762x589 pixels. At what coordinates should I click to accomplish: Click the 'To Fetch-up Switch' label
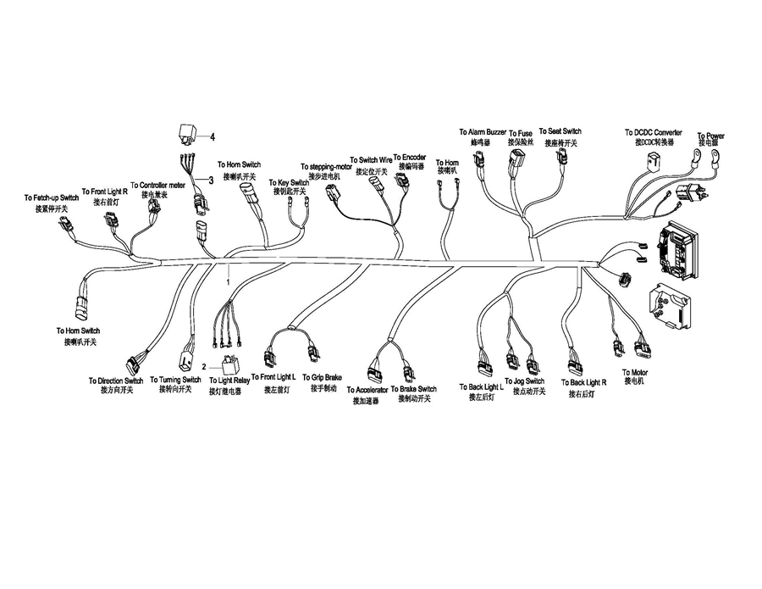tap(52, 198)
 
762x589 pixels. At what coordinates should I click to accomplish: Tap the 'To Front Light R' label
tap(104, 192)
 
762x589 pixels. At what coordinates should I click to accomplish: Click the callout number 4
tap(213, 136)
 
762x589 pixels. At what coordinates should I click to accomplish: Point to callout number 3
tap(211, 180)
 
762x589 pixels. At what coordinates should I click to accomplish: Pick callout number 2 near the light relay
tap(203, 366)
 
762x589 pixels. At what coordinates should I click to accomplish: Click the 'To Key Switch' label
tap(289, 183)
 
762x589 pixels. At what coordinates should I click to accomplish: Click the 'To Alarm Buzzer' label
tap(483, 133)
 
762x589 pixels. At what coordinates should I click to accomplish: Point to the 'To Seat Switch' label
tap(560, 131)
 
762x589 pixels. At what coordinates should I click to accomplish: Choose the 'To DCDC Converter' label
tap(653, 133)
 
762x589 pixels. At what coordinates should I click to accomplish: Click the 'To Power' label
tap(710, 136)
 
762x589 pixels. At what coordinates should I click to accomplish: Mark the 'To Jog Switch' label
tap(523, 382)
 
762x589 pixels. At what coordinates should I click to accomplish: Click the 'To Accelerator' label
tap(367, 391)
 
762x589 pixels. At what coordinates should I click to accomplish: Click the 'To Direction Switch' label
tap(116, 381)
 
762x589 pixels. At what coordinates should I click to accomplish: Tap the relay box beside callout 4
tap(187, 133)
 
